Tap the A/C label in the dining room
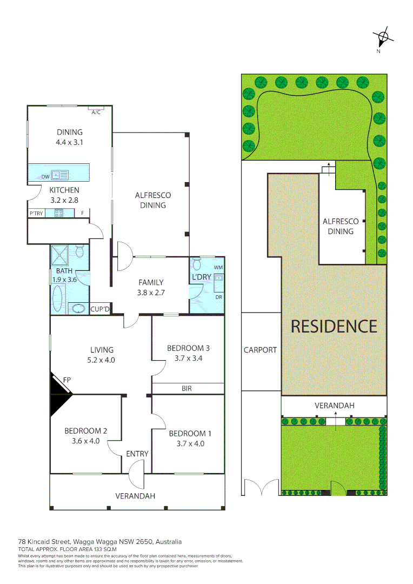tap(96, 112)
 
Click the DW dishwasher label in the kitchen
tap(46, 176)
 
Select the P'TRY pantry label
tap(36, 214)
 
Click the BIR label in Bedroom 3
tap(186, 388)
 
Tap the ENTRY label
tap(137, 454)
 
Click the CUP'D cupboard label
tap(101, 309)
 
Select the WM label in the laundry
tap(218, 267)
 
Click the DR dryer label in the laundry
tap(218, 297)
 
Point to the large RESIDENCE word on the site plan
tap(334, 326)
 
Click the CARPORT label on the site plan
tap(260, 350)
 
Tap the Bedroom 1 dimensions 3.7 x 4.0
tap(186, 443)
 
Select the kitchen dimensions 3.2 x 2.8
tap(64, 200)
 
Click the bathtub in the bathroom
tap(58, 295)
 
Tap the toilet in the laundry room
tap(197, 264)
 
